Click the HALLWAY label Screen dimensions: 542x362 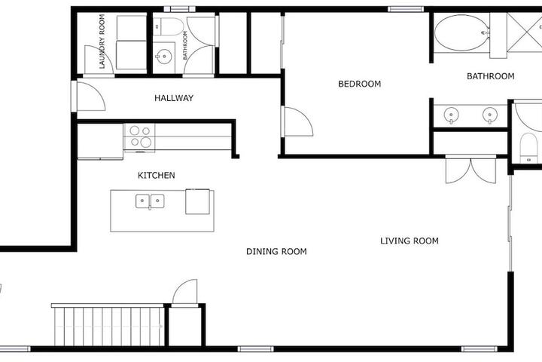[174, 98]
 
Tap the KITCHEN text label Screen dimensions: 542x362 [157, 175]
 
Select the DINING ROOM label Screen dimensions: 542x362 [276, 251]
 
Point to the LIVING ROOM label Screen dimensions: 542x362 [410, 241]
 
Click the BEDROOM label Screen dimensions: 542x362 [360, 84]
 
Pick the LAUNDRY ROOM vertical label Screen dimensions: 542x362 [102, 41]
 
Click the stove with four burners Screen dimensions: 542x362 [139, 137]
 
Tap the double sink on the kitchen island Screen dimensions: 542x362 [150, 201]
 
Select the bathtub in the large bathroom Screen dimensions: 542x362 [461, 32]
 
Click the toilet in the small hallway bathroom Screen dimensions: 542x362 [169, 26]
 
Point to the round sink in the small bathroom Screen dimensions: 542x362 [163, 55]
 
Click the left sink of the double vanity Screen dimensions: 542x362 [451, 115]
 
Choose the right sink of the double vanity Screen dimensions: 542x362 [489, 115]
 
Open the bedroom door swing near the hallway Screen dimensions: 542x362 [297, 121]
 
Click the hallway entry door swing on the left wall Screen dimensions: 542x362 [90, 97]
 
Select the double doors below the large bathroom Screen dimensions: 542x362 [470, 170]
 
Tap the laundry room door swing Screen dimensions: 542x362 [99, 60]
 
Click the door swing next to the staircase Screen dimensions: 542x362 [185, 292]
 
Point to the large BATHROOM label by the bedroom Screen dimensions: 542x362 [490, 76]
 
